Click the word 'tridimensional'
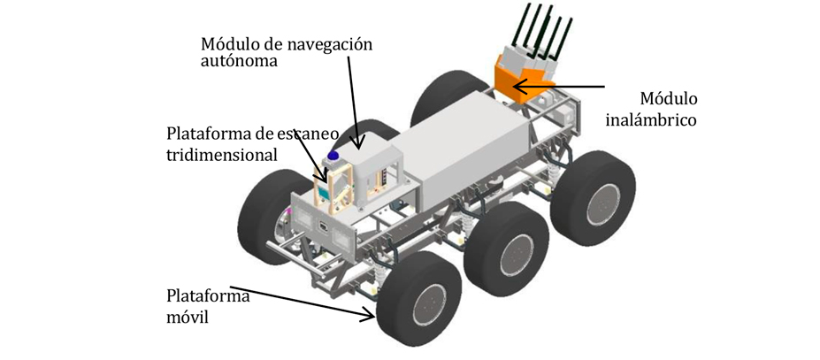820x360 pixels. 222,154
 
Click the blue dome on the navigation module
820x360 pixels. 333,157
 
